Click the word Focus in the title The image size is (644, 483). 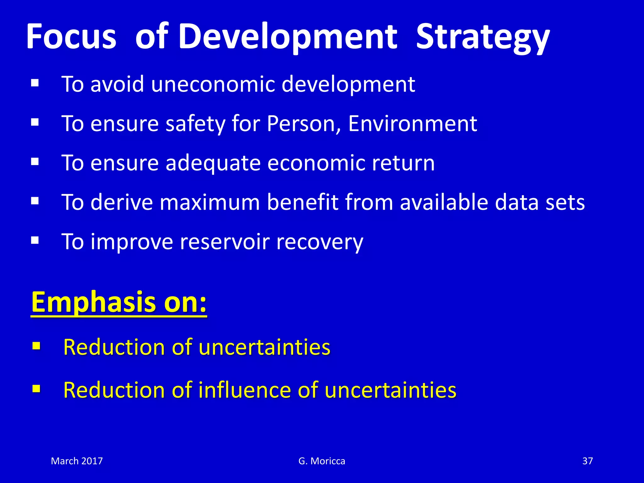pyautogui.click(x=71, y=36)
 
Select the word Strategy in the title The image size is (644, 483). pyautogui.click(x=483, y=38)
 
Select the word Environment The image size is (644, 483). pyautogui.click(x=413, y=124)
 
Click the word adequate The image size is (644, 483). pyautogui.click(x=213, y=163)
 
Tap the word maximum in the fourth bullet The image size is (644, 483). pyautogui.click(x=210, y=202)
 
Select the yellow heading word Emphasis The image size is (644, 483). pyautogui.click(x=93, y=302)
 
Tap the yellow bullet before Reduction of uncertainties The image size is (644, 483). pyautogui.click(x=36, y=346)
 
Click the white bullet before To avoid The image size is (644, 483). pyautogui.click(x=35, y=83)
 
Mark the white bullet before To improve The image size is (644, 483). pyautogui.click(x=35, y=241)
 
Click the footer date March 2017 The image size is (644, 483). pyautogui.click(x=77, y=461)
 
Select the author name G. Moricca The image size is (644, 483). pyautogui.click(x=322, y=461)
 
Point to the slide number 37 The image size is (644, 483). pyautogui.click(x=587, y=461)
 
